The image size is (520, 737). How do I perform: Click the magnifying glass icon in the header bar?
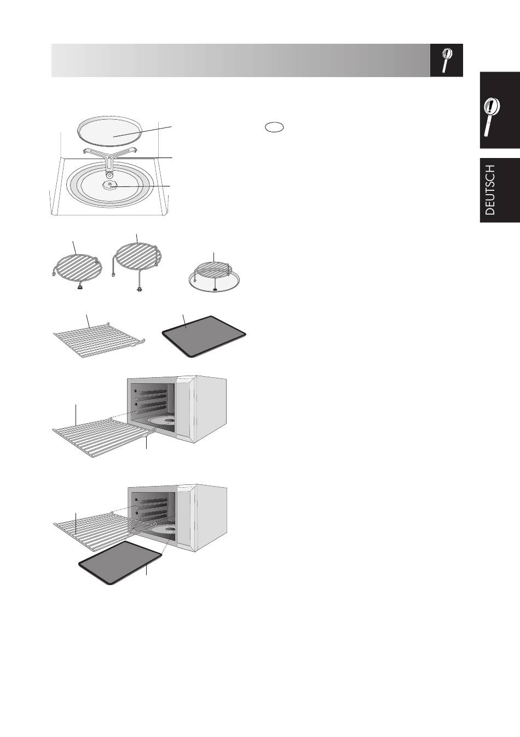coord(447,60)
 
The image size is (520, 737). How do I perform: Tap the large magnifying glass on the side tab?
coord(492,117)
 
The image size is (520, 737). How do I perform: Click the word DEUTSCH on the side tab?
coord(490,190)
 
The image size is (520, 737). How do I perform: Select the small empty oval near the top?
coord(274,127)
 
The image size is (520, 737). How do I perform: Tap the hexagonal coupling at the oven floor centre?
coord(110,185)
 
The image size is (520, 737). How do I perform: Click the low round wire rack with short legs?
coord(78,267)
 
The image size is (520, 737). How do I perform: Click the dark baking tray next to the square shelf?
coord(204,336)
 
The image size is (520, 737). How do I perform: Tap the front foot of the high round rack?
coord(139,290)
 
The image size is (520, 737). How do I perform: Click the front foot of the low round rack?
coord(79,288)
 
